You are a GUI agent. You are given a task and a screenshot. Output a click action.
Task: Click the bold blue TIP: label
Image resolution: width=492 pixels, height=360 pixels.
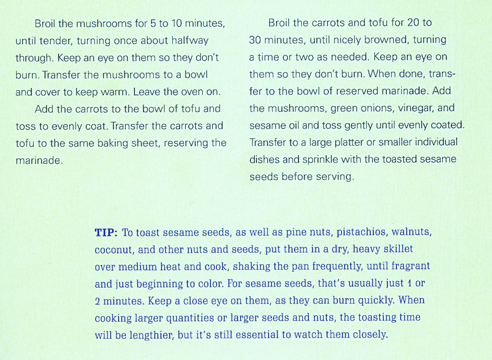click(106, 232)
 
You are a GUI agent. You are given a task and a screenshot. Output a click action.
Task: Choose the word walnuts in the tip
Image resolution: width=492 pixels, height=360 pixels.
click(411, 232)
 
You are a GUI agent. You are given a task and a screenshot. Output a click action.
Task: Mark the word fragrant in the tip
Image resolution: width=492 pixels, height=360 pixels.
click(411, 267)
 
